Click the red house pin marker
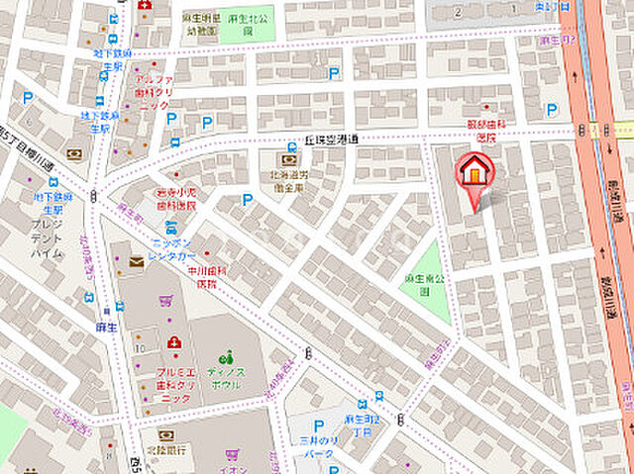(x=475, y=171)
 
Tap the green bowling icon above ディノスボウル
(x=227, y=356)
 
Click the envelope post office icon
(x=136, y=261)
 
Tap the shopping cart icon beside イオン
(x=232, y=454)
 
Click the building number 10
(x=141, y=348)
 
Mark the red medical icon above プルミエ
(x=175, y=342)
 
